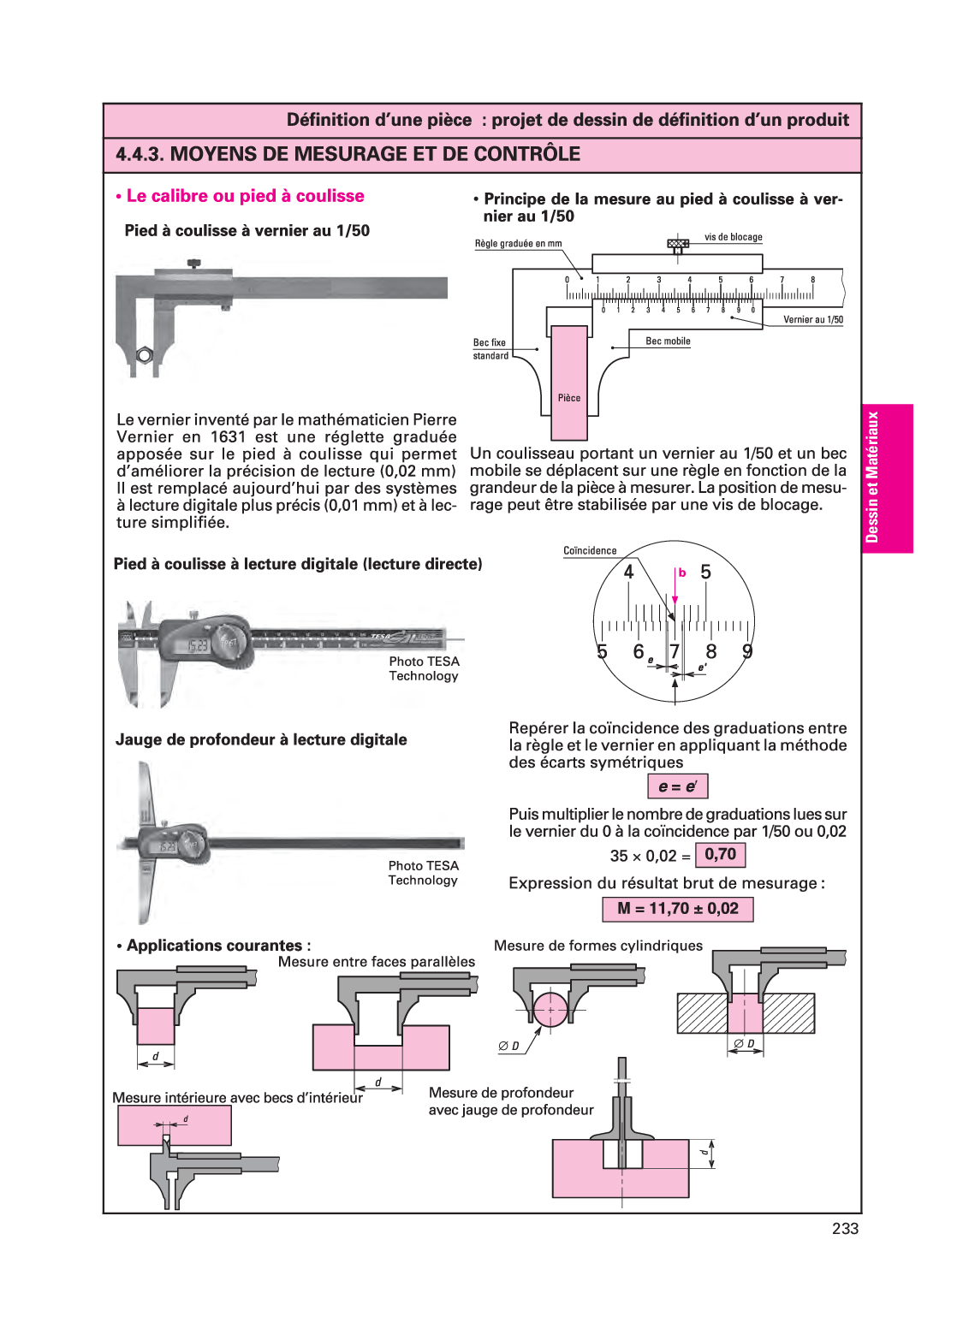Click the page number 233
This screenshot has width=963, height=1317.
coord(844,1228)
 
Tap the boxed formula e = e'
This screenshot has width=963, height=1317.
coord(677,786)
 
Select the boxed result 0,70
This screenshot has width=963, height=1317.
coord(720,855)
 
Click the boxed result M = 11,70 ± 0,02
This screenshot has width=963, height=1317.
coord(678,909)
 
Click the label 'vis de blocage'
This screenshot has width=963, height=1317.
coord(733,237)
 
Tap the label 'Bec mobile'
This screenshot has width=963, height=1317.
coord(668,341)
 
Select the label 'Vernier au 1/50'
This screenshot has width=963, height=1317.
coord(812,320)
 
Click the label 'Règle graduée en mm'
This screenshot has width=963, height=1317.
coord(518,244)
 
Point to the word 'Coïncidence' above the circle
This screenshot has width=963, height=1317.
coord(590,551)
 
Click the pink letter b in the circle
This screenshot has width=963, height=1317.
coord(682,572)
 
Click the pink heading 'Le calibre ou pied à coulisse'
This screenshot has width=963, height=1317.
coord(245,196)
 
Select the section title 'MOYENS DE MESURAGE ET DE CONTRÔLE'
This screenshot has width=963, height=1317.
coord(375,154)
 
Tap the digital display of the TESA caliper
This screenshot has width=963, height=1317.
coord(198,645)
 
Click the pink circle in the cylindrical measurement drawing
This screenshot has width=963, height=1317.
coord(550,1010)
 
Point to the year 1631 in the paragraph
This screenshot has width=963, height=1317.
coord(227,437)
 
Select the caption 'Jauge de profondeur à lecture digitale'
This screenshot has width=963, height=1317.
coord(261,739)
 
